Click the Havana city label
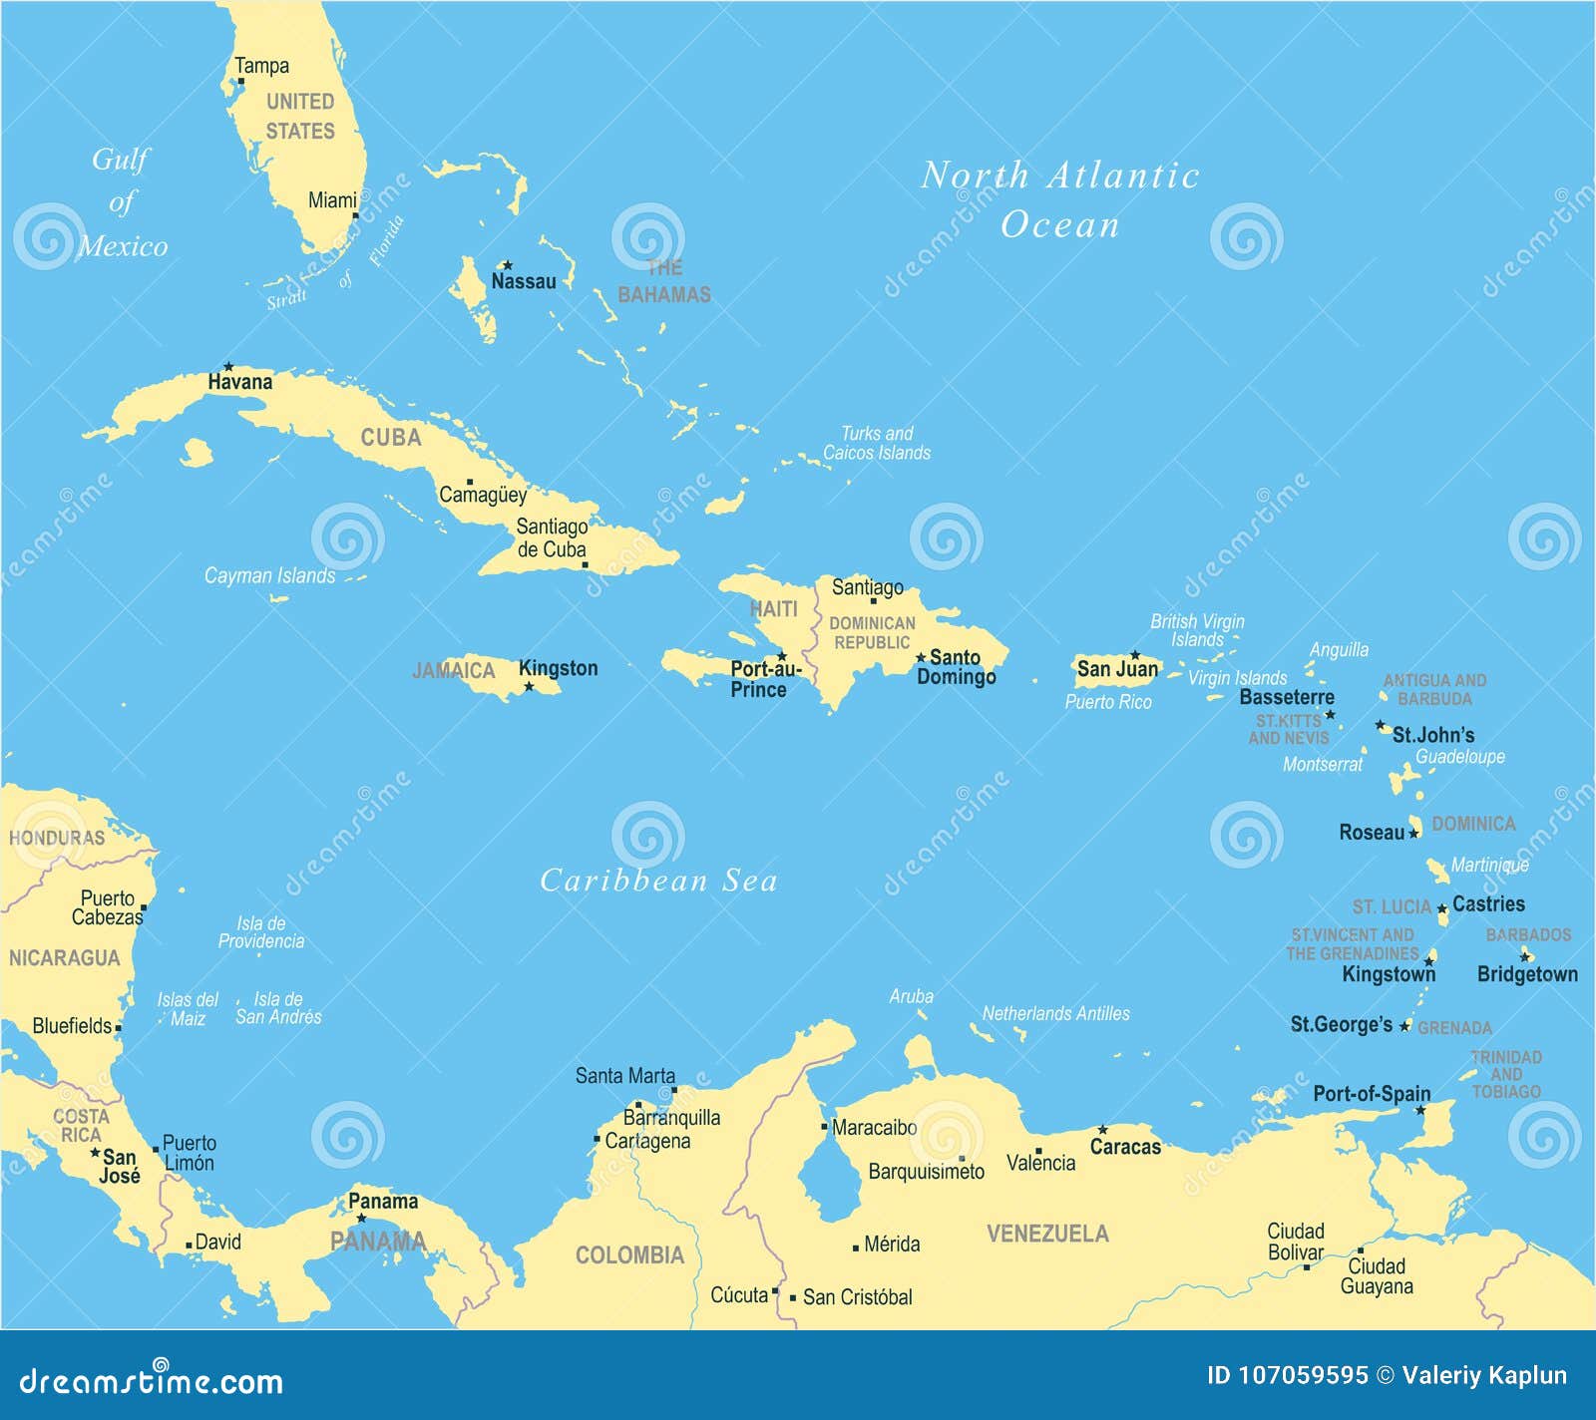[239, 382]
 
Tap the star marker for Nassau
[507, 265]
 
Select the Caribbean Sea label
[658, 881]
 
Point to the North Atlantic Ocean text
[1059, 199]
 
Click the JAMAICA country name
[454, 671]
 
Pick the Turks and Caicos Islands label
[876, 443]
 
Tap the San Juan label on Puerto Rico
[1117, 669]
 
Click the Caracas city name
[1125, 1147]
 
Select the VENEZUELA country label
[1047, 1234]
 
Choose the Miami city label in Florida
[331, 200]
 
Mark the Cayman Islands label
[269, 575]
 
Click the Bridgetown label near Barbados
[1527, 974]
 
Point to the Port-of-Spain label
[1372, 1094]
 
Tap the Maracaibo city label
[874, 1128]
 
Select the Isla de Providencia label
[261, 932]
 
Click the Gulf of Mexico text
[122, 202]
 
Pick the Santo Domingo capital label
[956, 667]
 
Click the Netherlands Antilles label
[1055, 1014]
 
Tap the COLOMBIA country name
[629, 1255]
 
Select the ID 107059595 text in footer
[1287, 1376]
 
